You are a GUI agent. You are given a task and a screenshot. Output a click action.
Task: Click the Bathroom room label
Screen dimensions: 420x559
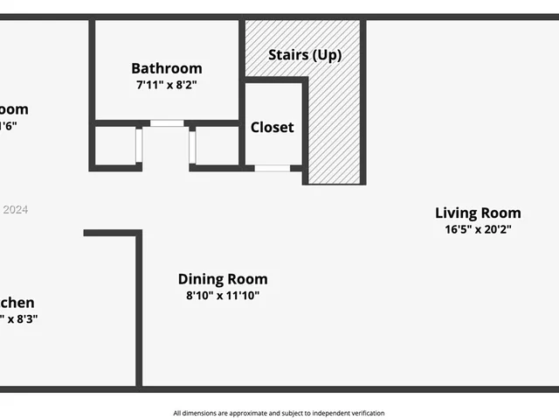(166, 68)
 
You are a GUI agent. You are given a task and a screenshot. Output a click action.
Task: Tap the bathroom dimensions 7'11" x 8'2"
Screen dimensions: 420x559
(166, 86)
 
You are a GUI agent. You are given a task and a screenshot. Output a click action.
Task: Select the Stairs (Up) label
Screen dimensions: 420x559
(304, 55)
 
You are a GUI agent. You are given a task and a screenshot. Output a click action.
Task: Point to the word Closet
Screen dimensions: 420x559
(272, 127)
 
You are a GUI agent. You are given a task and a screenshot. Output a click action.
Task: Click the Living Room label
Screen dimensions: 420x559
(478, 213)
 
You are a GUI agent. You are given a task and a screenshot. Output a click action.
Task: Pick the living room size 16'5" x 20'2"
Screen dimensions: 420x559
(478, 229)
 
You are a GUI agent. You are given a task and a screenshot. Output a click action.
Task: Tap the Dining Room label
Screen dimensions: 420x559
(223, 279)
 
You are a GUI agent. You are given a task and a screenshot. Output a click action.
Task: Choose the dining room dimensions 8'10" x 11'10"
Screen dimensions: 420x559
(223, 296)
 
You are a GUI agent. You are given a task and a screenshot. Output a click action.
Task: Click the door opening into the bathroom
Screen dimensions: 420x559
(167, 123)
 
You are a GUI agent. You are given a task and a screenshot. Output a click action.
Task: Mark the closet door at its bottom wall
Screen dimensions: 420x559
(272, 167)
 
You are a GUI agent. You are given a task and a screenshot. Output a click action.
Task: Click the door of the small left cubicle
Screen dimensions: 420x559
(138, 145)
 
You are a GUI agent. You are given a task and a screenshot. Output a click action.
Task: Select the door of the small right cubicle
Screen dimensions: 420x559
(193, 145)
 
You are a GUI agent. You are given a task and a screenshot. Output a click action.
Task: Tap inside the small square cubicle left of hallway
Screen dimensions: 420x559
(114, 145)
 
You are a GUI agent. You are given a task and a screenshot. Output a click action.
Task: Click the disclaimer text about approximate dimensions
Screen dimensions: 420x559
(279, 413)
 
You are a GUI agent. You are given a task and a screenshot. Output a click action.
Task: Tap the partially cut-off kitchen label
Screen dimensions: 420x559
(17, 303)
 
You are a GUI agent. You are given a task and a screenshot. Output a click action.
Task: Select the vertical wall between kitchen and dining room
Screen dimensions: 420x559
(138, 311)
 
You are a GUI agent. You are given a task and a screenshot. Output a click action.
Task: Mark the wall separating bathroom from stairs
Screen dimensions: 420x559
(241, 52)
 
